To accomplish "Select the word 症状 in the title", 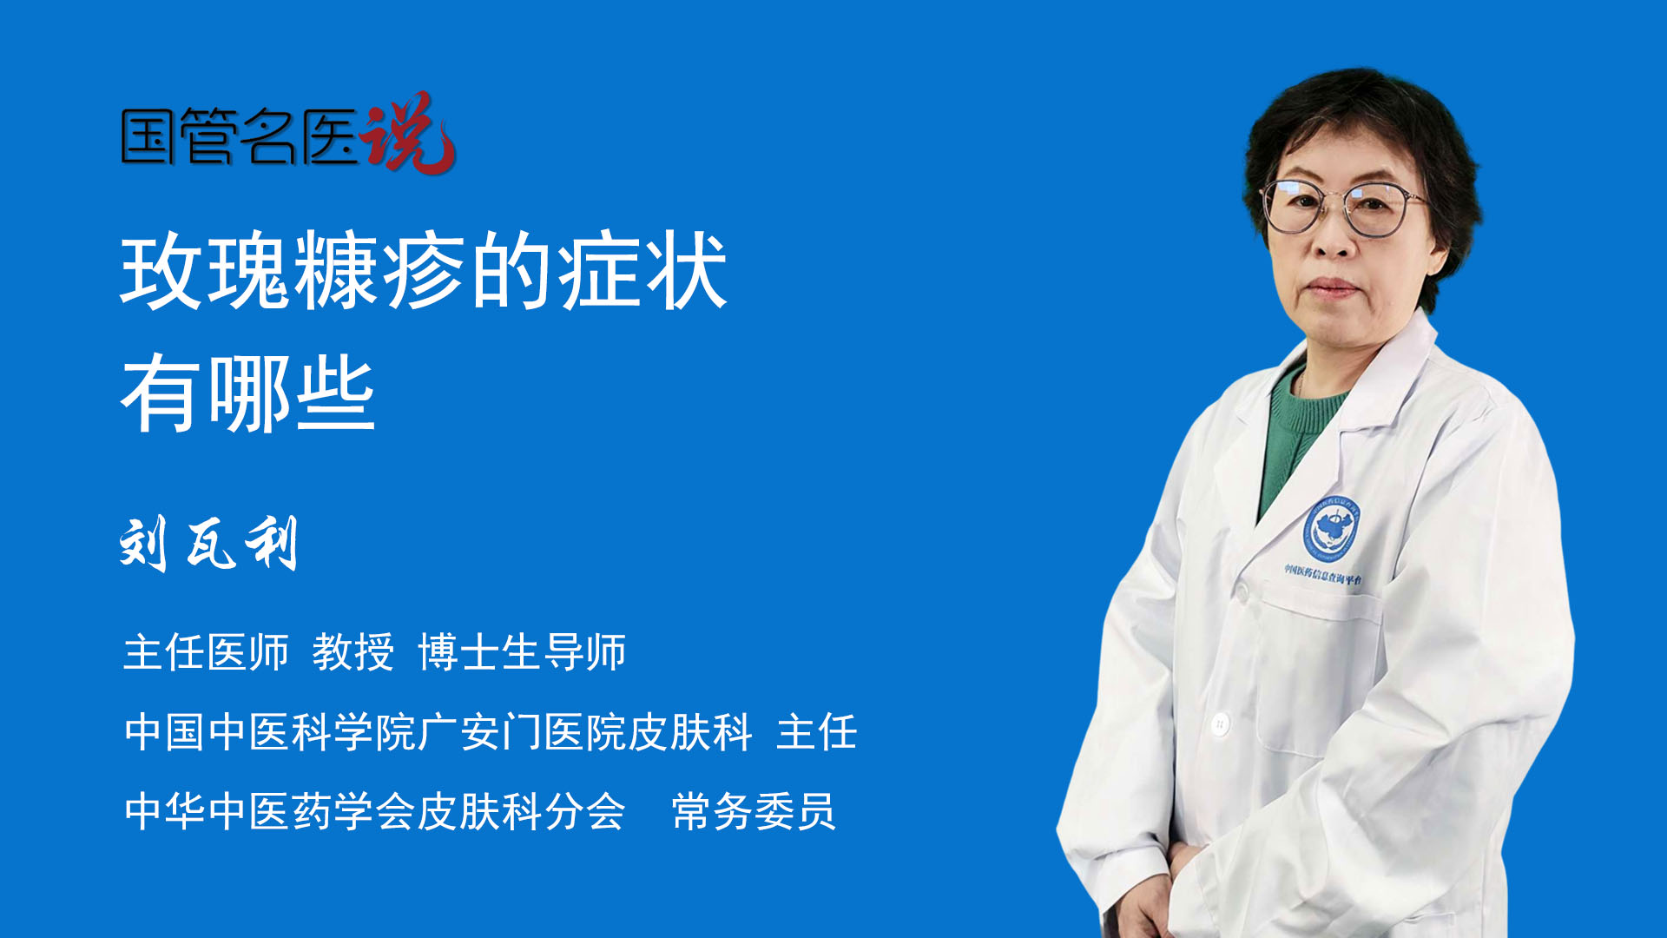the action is click(642, 272).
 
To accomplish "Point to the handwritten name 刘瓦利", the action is click(208, 544).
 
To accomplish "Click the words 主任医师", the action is click(206, 652).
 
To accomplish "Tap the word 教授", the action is click(353, 652).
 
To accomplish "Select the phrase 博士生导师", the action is click(522, 652).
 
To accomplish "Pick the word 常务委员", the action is click(754, 812).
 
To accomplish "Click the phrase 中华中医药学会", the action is click(269, 812).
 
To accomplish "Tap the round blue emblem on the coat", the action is click(1331, 528).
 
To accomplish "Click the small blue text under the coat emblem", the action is click(1323, 573).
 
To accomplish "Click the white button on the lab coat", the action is click(1220, 723).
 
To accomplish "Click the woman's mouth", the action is click(1330, 287).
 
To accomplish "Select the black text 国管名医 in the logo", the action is click(240, 137).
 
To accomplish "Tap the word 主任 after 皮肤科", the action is click(817, 732).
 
